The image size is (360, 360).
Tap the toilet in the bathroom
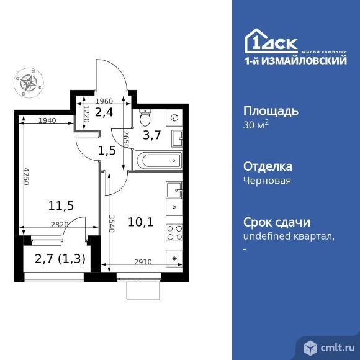pyautogui.click(x=146, y=117)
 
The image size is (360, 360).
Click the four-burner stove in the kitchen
pyautogui.click(x=175, y=232)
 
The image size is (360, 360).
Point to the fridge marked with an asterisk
pyautogui.click(x=175, y=258)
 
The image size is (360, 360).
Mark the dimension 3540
pyautogui.click(x=110, y=222)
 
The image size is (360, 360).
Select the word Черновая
pyautogui.click(x=268, y=181)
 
